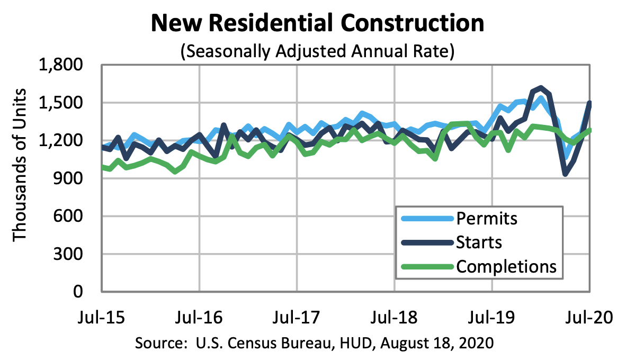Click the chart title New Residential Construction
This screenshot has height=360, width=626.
[x=317, y=24]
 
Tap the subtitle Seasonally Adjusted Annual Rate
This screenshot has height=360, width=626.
[x=317, y=51]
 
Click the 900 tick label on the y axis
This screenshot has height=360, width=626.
[x=76, y=178]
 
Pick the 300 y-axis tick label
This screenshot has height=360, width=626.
[x=76, y=254]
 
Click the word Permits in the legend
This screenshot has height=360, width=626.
[x=486, y=218]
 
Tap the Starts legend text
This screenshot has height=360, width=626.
[x=478, y=242]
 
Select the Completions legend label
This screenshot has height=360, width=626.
[x=506, y=266]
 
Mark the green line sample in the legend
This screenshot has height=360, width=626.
[x=426, y=266]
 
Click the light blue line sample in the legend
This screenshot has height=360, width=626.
[x=426, y=218]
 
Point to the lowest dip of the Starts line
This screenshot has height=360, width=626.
[x=566, y=174]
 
